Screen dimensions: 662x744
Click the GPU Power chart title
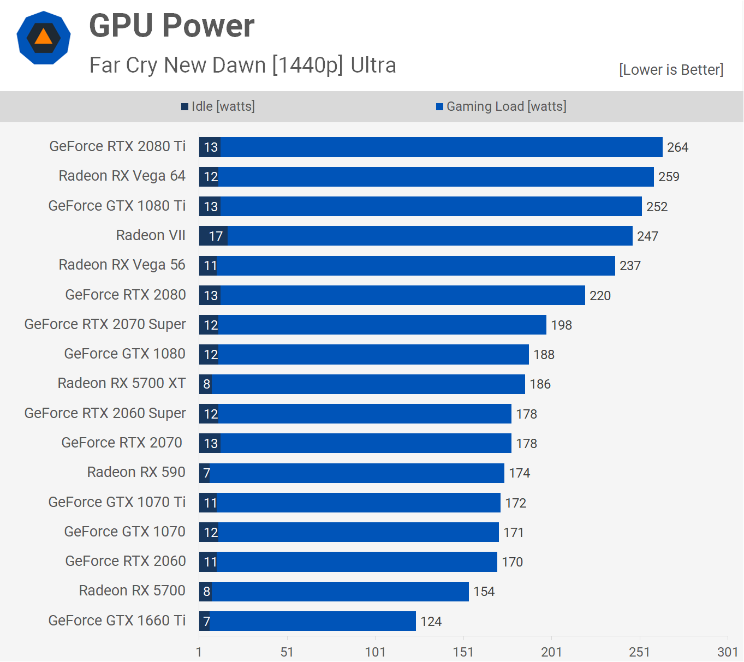pyautogui.click(x=171, y=26)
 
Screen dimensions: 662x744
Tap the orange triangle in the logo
pyautogui.click(x=43, y=38)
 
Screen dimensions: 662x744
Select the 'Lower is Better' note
pyautogui.click(x=671, y=70)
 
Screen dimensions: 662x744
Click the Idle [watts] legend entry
pyautogui.click(x=218, y=106)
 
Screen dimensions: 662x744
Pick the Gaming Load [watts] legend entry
pyautogui.click(x=502, y=106)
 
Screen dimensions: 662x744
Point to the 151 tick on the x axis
pyautogui.click(x=463, y=652)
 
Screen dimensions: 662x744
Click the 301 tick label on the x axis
pyautogui.click(x=727, y=652)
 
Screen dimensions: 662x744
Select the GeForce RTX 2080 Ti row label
pyautogui.click(x=117, y=146)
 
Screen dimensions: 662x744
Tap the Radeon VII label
pyautogui.click(x=151, y=235)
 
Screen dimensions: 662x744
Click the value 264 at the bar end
pyautogui.click(x=677, y=147)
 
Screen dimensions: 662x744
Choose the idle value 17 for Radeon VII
pyautogui.click(x=216, y=236)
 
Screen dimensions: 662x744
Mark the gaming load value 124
pyautogui.click(x=431, y=622)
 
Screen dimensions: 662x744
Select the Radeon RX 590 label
pyautogui.click(x=136, y=472)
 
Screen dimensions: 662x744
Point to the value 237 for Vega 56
pyautogui.click(x=630, y=266)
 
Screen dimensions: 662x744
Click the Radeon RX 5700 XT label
pyautogui.click(x=122, y=383)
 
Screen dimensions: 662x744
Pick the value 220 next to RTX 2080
pyautogui.click(x=600, y=296)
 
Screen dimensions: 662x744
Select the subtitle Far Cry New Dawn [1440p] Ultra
pyautogui.click(x=242, y=65)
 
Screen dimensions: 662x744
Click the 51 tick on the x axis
pyautogui.click(x=287, y=652)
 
